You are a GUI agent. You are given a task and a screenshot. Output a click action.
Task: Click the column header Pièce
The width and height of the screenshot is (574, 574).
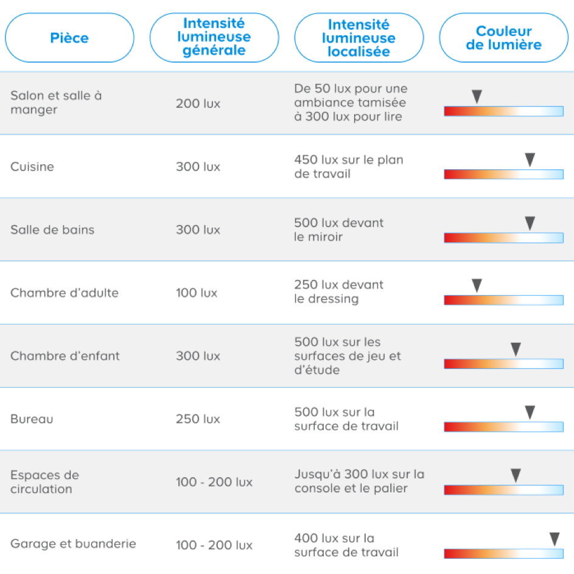click(x=69, y=38)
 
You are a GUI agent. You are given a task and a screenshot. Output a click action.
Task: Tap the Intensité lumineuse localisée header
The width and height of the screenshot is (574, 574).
click(x=359, y=38)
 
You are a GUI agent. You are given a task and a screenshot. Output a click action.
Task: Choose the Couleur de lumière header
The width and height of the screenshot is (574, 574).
click(x=503, y=38)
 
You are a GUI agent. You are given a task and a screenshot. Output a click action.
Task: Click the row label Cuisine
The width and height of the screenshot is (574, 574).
click(x=32, y=167)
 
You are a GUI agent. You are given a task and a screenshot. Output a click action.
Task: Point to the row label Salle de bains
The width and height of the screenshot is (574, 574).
click(x=52, y=230)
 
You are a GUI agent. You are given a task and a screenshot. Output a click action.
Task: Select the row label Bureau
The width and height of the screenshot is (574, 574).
click(x=32, y=419)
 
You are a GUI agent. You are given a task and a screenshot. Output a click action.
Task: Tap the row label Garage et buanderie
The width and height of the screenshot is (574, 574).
click(x=73, y=544)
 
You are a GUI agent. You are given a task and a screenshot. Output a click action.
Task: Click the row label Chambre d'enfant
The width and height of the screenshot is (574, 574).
click(x=65, y=356)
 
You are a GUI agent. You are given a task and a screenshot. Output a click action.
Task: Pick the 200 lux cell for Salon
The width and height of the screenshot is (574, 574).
click(x=198, y=104)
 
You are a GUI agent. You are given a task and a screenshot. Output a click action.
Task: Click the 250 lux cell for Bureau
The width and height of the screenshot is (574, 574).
click(x=198, y=419)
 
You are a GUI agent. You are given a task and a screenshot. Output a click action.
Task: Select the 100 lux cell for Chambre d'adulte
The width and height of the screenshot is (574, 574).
click(x=196, y=293)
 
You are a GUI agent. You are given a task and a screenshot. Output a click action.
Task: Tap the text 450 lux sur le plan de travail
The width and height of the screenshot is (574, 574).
click(x=349, y=167)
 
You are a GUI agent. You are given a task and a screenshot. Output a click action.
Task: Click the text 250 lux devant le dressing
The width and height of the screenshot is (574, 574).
click(x=339, y=292)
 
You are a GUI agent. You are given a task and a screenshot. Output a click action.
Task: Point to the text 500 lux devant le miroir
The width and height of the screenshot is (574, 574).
click(x=339, y=229)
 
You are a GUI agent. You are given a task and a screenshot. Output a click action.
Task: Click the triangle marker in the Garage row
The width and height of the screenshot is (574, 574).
click(x=555, y=539)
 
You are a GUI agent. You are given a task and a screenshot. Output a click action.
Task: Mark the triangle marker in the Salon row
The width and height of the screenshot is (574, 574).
click(x=477, y=96)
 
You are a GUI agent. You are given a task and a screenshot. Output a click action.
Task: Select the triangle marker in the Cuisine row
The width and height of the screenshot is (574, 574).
click(x=530, y=159)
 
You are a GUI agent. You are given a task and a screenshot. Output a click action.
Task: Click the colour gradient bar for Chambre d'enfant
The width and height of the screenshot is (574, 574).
click(x=503, y=364)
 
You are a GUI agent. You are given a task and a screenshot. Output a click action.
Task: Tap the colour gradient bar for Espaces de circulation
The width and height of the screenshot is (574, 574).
click(x=503, y=490)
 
